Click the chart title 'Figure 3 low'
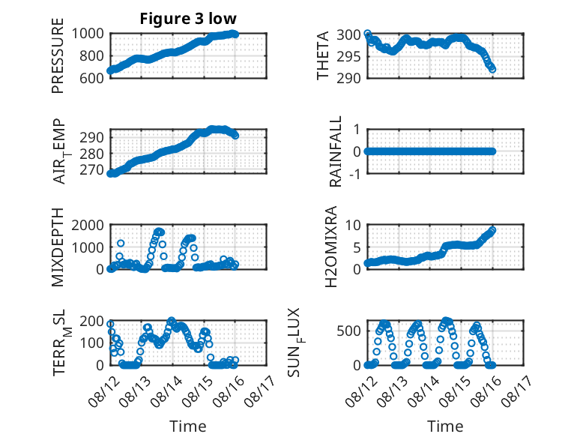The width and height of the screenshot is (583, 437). coord(188,19)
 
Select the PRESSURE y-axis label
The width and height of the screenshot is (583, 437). coord(58,55)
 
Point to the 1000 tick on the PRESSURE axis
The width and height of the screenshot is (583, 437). coord(88,34)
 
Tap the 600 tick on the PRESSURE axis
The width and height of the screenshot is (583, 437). coord(91,78)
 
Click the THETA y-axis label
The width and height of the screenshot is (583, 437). coord(323,55)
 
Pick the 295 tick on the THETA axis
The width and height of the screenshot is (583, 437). coord(348,56)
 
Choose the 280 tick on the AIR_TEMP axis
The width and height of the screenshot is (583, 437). coord(92,154)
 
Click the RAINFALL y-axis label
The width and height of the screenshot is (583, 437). coord(336,151)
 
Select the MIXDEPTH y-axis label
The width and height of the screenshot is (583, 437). coord(58,247)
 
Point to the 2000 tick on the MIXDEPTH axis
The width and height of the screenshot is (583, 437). coord(88,225)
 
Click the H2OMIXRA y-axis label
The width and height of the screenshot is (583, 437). coord(331,247)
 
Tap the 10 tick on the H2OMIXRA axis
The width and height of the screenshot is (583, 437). coord(353,225)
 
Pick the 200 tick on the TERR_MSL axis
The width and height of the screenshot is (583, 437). coord(92,321)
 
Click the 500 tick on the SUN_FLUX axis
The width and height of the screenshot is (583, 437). coord(348,331)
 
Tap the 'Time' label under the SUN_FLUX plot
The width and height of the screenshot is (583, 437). coord(445,427)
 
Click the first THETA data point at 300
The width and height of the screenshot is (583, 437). coord(367,34)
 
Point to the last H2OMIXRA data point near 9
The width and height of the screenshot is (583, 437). coord(492,230)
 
